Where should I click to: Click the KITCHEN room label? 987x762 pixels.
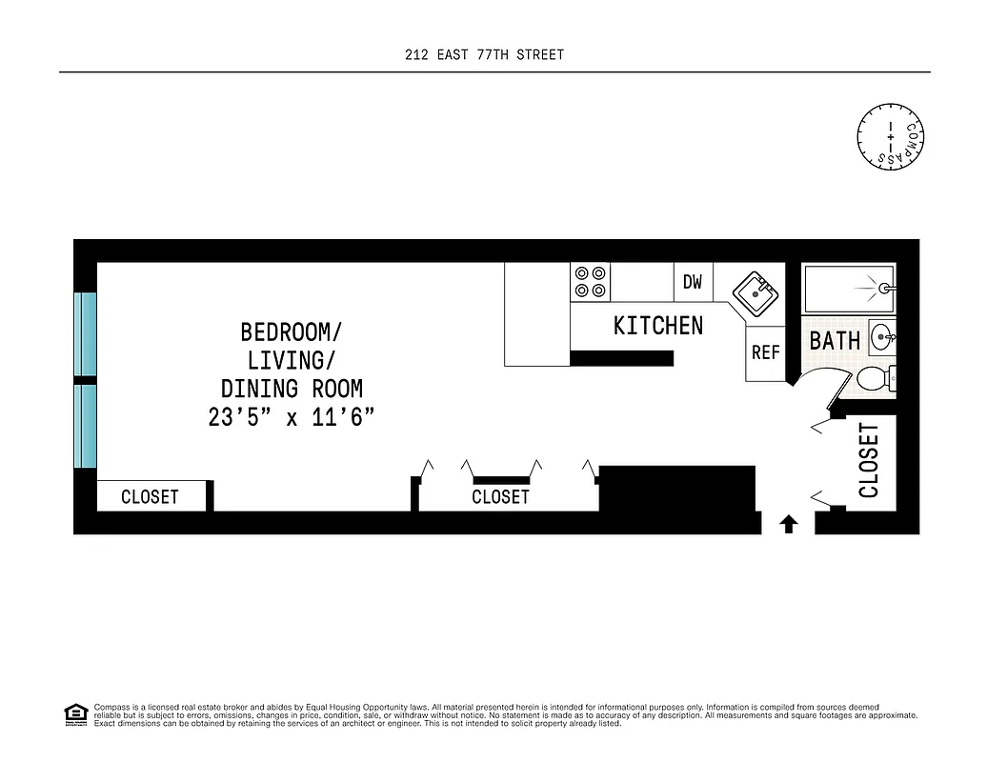pyautogui.click(x=657, y=326)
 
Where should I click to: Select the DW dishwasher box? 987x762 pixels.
pyautogui.click(x=693, y=282)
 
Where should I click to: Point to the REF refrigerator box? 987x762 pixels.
pyautogui.click(x=765, y=352)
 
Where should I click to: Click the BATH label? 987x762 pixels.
pyautogui.click(x=835, y=340)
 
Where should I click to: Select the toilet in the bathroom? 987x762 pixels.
pyautogui.click(x=876, y=379)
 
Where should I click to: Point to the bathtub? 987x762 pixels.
pyautogui.click(x=848, y=288)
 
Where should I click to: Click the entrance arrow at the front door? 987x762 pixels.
pyautogui.click(x=789, y=523)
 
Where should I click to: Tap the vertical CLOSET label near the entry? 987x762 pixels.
pyautogui.click(x=869, y=460)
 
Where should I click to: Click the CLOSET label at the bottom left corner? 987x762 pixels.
pyautogui.click(x=150, y=497)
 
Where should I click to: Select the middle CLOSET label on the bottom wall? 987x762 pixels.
pyautogui.click(x=500, y=497)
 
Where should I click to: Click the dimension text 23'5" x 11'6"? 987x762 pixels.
pyautogui.click(x=291, y=417)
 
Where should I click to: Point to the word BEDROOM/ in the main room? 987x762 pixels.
pyautogui.click(x=291, y=332)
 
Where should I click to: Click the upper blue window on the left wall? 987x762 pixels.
pyautogui.click(x=86, y=334)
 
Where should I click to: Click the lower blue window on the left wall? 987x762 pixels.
pyautogui.click(x=86, y=426)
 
